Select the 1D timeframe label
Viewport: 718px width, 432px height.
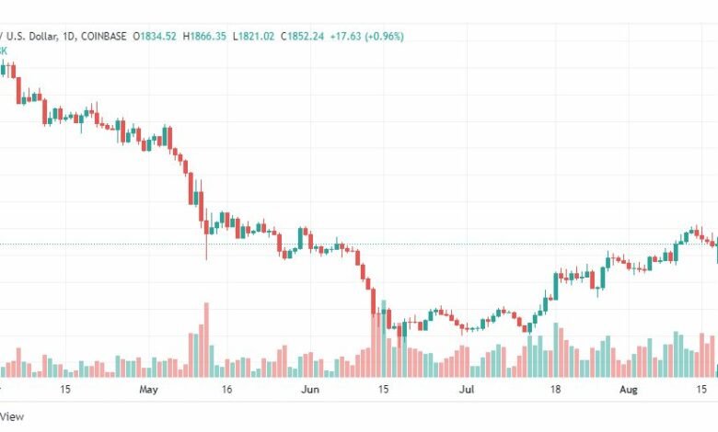(67, 36)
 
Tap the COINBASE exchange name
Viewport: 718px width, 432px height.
(104, 36)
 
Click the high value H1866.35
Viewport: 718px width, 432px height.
(210, 36)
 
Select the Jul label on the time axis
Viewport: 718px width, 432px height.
(468, 390)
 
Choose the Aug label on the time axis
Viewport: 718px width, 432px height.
(627, 390)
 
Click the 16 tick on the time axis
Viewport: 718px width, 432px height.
(226, 390)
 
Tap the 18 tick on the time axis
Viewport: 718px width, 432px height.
(555, 390)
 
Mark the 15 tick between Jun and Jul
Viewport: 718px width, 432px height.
(382, 390)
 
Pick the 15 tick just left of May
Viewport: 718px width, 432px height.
(64, 390)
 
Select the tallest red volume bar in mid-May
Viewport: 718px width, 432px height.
(206, 340)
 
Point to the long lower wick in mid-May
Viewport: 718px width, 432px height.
(206, 246)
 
